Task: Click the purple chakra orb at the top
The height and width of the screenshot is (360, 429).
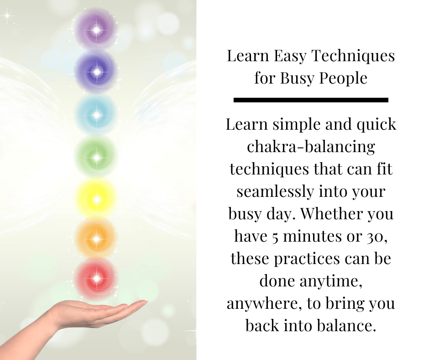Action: pyautogui.click(x=96, y=29)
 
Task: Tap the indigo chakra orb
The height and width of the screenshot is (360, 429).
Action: pyautogui.click(x=96, y=72)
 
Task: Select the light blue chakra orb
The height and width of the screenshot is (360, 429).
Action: pyautogui.click(x=96, y=115)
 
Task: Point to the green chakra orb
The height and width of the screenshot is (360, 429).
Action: pyautogui.click(x=96, y=157)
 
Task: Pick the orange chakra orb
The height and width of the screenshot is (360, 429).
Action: pyautogui.click(x=96, y=239)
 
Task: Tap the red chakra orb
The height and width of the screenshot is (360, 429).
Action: pyautogui.click(x=96, y=278)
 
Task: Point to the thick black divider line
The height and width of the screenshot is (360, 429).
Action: pyautogui.click(x=311, y=100)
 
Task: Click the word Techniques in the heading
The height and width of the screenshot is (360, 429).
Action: pyautogui.click(x=353, y=56)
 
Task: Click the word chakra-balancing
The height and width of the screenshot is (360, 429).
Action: pyautogui.click(x=311, y=147)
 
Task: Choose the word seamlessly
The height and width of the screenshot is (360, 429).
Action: pyautogui.click(x=276, y=191)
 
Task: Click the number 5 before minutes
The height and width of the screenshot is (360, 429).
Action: pyautogui.click(x=275, y=237)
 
